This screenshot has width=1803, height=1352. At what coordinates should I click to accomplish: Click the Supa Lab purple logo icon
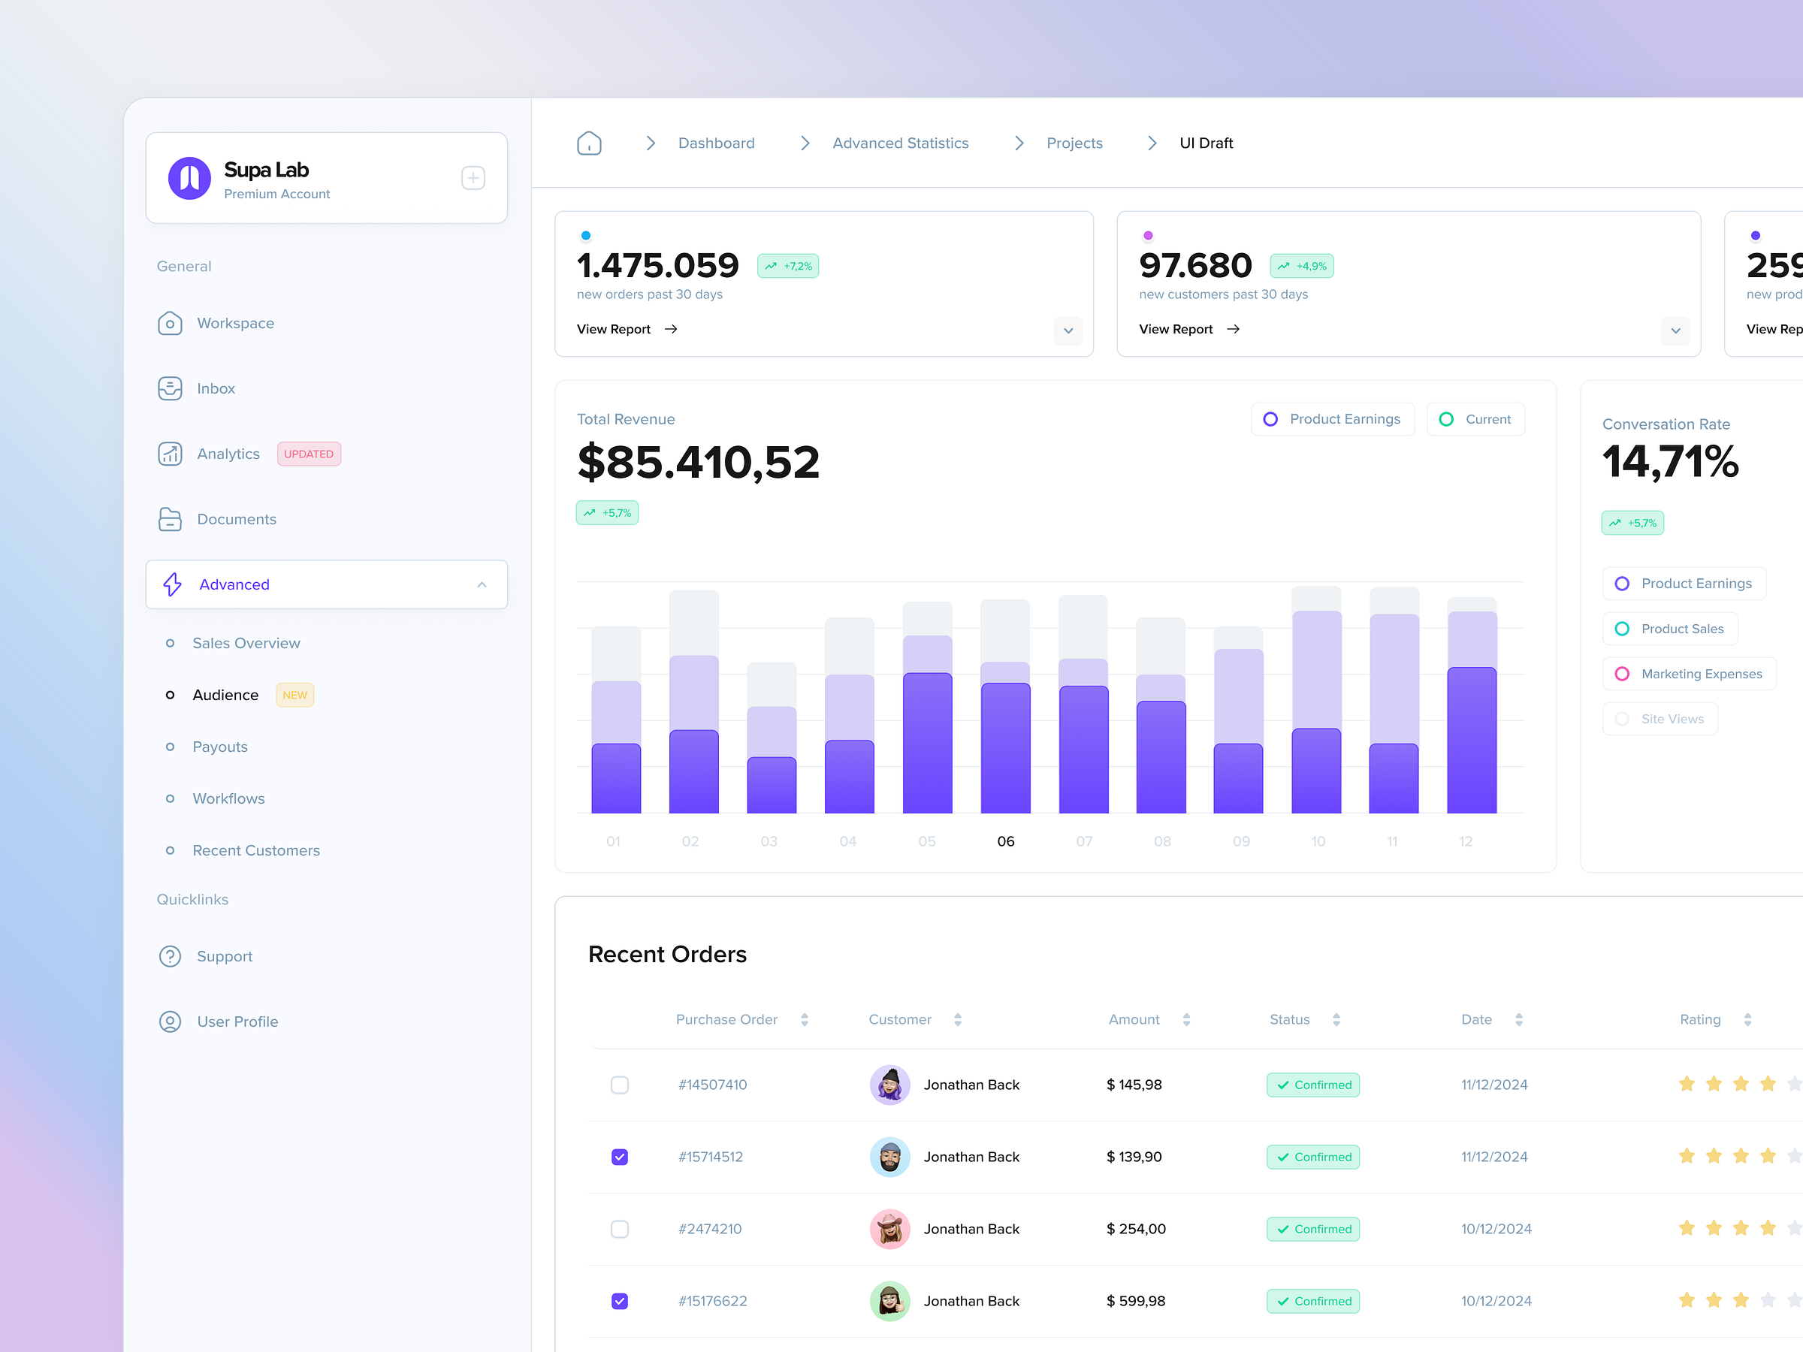(x=189, y=179)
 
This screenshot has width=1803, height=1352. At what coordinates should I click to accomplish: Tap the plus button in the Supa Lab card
(x=473, y=179)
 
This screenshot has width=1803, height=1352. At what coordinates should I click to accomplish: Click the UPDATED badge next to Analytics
(x=308, y=454)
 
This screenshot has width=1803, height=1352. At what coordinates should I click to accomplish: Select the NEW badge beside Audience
(x=294, y=695)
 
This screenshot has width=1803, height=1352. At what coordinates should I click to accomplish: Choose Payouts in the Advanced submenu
(x=219, y=747)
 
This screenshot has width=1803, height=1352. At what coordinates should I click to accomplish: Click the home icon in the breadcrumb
(x=588, y=143)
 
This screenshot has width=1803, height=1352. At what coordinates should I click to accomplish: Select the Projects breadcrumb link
(x=1074, y=143)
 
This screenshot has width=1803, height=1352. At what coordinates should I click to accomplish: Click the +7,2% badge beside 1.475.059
(x=787, y=267)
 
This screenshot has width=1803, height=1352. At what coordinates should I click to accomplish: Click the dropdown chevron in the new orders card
(x=1068, y=331)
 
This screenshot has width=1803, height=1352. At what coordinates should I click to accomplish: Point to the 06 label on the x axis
(x=1005, y=841)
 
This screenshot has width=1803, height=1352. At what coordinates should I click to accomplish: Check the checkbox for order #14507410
(x=620, y=1085)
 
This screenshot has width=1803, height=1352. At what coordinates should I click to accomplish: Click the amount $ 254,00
(x=1135, y=1229)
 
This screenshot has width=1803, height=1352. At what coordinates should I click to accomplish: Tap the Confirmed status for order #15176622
(x=1312, y=1302)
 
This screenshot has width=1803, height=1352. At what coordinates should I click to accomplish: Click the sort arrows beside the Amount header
(x=1186, y=1019)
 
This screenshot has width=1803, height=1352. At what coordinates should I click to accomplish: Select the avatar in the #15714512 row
(x=889, y=1157)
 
